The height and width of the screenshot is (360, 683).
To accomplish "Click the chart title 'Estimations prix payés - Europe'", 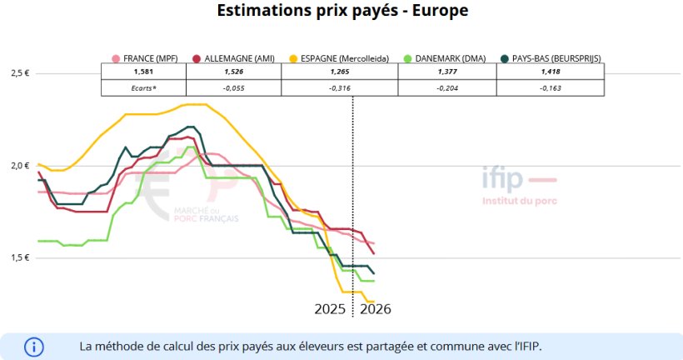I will (341, 12).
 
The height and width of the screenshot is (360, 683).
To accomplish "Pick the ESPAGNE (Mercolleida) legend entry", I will (337, 58).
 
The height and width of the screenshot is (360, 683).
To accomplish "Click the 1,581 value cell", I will (144, 72).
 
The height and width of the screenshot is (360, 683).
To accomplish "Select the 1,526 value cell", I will (234, 72).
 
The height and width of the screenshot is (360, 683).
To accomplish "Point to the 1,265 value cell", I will (340, 72).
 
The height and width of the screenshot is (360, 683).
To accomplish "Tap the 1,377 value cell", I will (447, 72).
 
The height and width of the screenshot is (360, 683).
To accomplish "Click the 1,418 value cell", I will (550, 72).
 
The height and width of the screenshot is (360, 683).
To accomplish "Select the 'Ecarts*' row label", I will (144, 87).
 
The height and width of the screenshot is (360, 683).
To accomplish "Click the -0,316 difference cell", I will (340, 87).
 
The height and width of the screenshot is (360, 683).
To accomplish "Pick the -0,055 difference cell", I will (234, 87).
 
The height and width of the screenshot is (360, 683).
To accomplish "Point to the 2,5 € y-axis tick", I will (20, 73).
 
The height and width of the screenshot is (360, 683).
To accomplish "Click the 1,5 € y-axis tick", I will (20, 257).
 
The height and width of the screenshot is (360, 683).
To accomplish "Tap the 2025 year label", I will (330, 309).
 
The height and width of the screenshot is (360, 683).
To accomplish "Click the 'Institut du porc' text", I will (520, 200).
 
